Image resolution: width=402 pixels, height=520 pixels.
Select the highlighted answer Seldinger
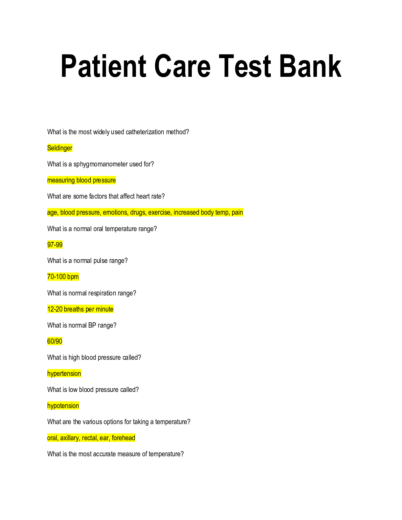click(x=60, y=148)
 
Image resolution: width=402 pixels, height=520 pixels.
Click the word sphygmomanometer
click(x=100, y=164)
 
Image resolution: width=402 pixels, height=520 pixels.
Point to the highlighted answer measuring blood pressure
click(x=81, y=180)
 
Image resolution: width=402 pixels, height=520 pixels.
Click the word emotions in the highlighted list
click(x=115, y=212)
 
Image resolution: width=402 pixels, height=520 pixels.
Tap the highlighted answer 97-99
click(x=55, y=245)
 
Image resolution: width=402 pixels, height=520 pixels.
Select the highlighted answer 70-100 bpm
click(x=63, y=277)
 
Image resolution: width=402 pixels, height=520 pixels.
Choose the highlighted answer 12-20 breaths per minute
click(x=80, y=309)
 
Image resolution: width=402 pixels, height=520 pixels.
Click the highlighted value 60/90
click(x=55, y=341)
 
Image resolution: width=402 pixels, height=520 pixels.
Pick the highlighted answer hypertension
click(x=64, y=374)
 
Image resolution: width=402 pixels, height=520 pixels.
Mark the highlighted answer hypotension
click(x=63, y=406)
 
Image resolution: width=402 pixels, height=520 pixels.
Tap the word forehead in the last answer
click(x=123, y=438)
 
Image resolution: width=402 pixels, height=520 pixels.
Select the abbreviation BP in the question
click(x=92, y=325)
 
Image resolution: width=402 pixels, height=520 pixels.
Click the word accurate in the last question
click(x=104, y=454)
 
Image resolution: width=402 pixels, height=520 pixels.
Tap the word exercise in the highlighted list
click(x=159, y=212)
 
